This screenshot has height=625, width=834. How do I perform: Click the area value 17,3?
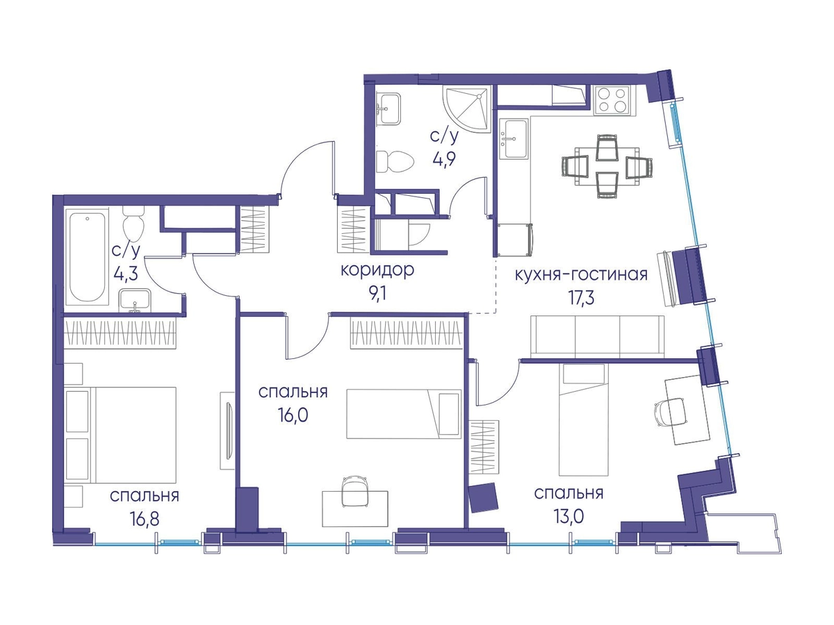(x=581, y=298)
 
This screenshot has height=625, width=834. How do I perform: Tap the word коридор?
(x=377, y=270)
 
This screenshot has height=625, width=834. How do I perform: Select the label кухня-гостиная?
(x=581, y=274)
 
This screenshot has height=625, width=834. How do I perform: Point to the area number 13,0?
(x=569, y=517)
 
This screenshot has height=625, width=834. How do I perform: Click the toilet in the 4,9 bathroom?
(x=394, y=161)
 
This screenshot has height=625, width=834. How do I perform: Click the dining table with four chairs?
(x=607, y=166)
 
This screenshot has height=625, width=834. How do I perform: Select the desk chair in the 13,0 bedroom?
(x=669, y=412)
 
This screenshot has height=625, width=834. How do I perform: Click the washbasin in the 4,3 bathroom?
(x=135, y=300)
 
